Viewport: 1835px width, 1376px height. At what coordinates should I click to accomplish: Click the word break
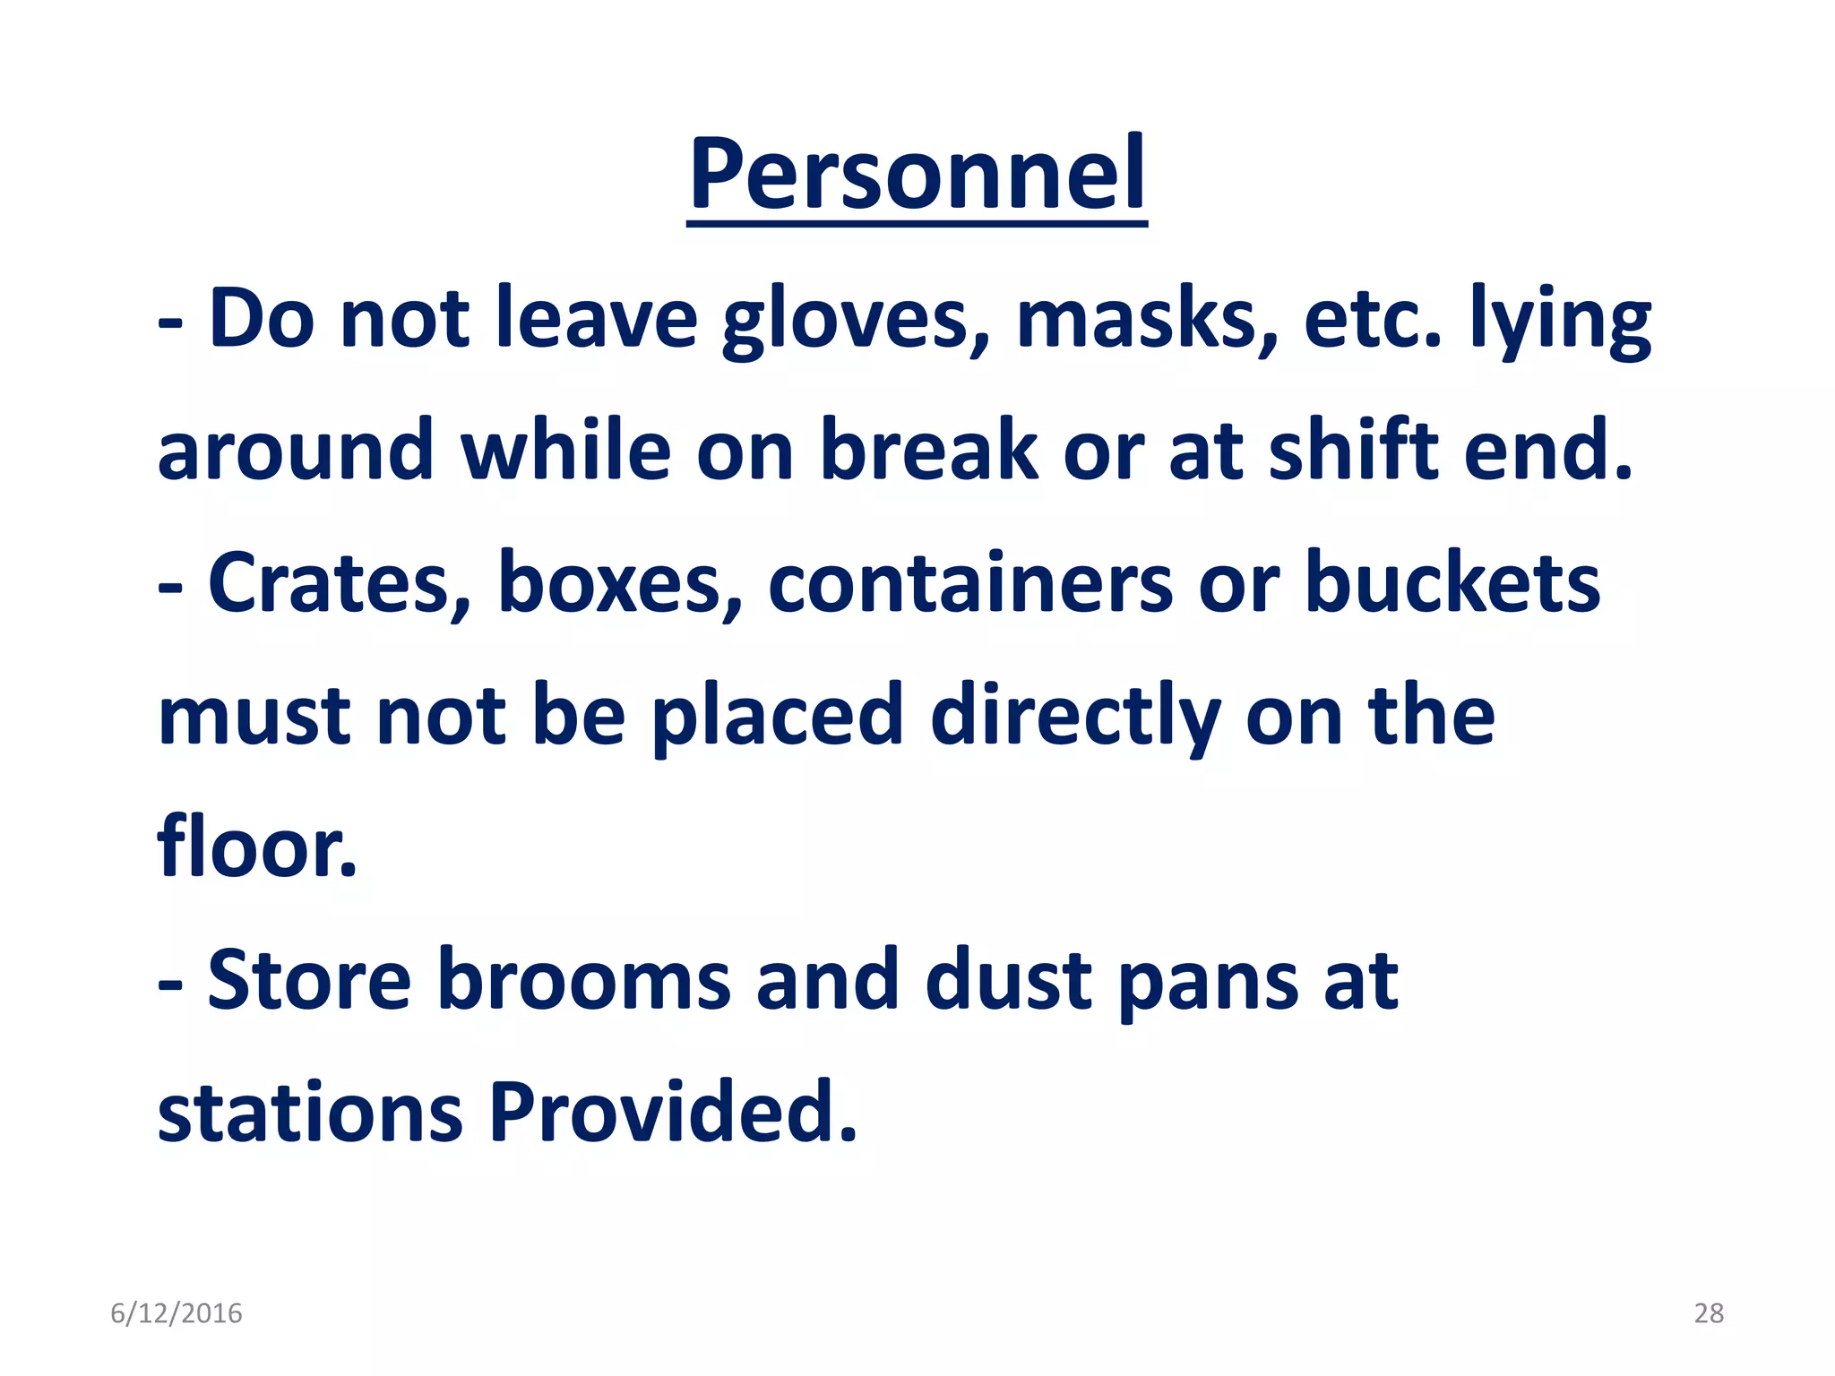click(929, 450)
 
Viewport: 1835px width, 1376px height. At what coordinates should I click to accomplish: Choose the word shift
click(1353, 450)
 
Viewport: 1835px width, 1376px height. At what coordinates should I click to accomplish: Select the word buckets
click(1452, 583)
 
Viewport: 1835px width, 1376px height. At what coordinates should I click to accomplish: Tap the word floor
click(256, 847)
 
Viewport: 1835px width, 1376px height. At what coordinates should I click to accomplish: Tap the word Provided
click(673, 1113)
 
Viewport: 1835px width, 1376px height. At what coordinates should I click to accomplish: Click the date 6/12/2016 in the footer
click(177, 1313)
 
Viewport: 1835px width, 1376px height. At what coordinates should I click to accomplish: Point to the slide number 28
click(1709, 1313)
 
